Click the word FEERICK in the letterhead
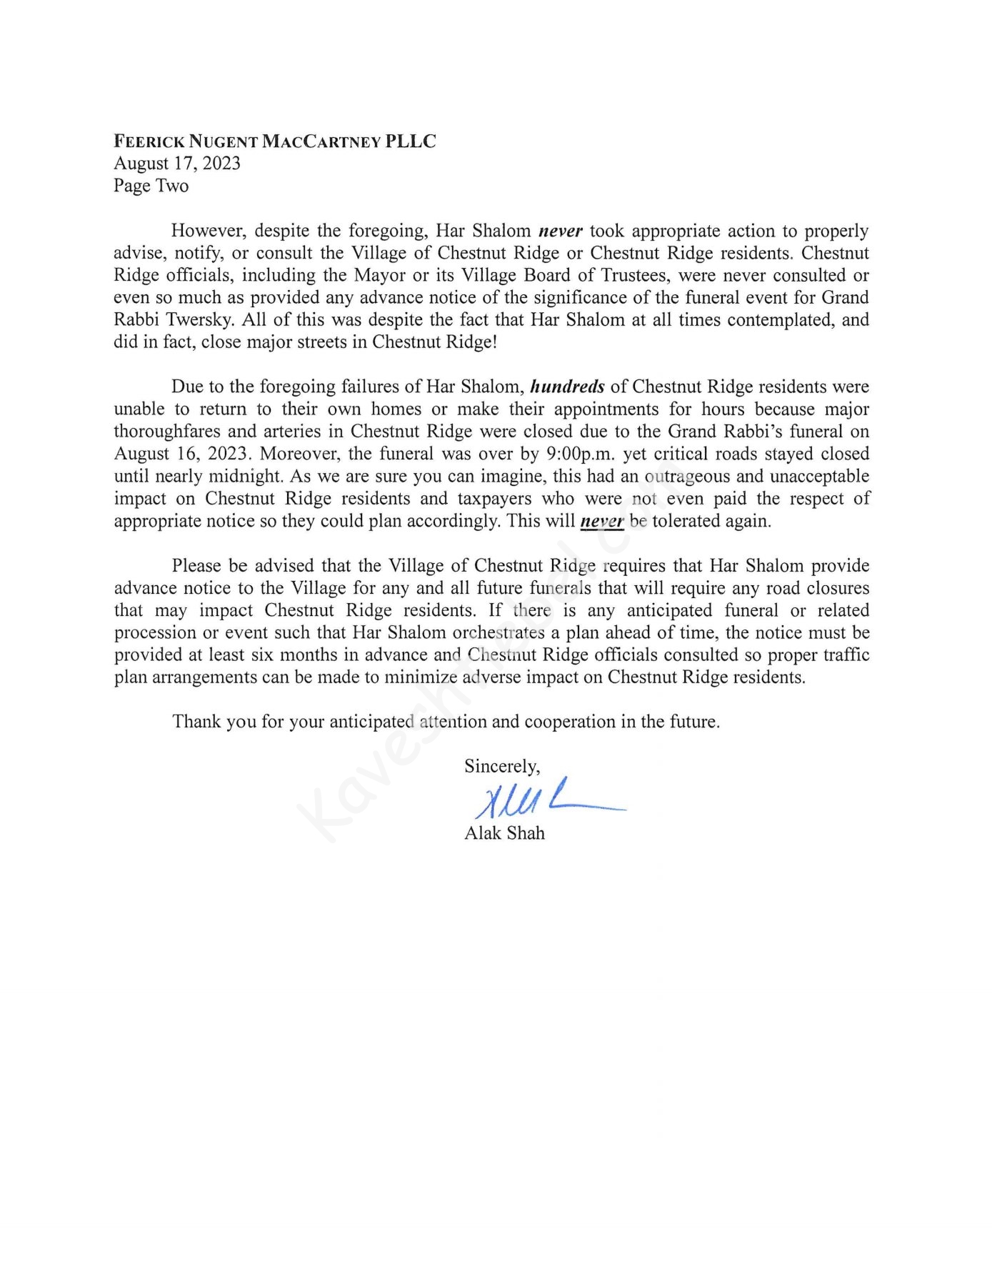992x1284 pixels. pos(149,141)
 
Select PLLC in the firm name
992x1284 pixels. pos(411,141)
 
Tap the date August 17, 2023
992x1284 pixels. pos(177,164)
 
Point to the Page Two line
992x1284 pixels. pos(151,186)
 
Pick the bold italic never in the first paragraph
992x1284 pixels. pos(561,231)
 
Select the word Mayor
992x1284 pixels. pos(381,275)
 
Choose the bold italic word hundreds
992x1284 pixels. pos(568,387)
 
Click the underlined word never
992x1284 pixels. pos(602,521)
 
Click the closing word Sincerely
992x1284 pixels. pos(502,766)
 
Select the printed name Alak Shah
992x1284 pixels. pos(504,833)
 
